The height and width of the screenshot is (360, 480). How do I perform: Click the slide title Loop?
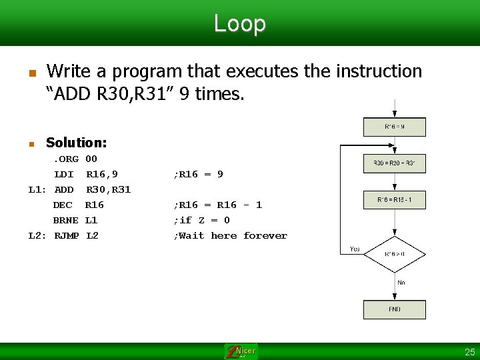[x=239, y=23]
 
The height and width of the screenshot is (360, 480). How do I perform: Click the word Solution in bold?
[x=76, y=142]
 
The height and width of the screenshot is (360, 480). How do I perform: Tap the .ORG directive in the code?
[x=66, y=159]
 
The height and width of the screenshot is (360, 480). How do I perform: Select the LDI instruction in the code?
[x=64, y=174]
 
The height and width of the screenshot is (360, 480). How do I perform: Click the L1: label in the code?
[x=37, y=189]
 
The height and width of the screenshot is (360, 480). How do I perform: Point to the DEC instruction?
[x=63, y=205]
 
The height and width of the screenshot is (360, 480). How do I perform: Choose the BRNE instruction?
[x=65, y=220]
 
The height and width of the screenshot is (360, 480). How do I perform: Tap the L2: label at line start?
[x=37, y=235]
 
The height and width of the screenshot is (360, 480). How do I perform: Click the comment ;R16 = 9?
[x=198, y=174]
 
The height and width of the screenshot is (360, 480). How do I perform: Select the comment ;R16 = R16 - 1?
[x=217, y=205]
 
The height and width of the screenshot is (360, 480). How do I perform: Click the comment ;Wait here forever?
[x=230, y=235]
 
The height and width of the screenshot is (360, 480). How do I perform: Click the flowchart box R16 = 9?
[x=394, y=127]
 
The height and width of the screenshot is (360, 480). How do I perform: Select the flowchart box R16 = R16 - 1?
[x=394, y=199]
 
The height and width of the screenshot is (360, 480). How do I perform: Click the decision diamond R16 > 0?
[x=394, y=254]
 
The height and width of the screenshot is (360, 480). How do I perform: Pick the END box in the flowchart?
[x=394, y=309]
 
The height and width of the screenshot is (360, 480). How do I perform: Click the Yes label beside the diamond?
[x=355, y=249]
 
